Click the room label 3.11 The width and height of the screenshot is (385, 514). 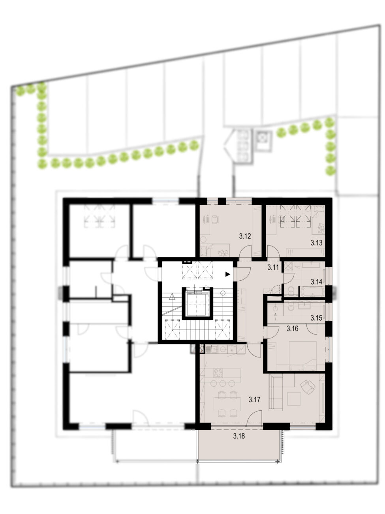(x=273, y=267)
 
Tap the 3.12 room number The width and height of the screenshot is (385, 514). (x=245, y=236)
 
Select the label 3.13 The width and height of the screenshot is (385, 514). (x=317, y=243)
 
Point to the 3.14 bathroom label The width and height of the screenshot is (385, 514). (x=317, y=282)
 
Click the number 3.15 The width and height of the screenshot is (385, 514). (x=317, y=318)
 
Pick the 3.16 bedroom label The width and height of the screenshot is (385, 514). (x=293, y=329)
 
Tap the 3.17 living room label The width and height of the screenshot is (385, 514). (x=255, y=399)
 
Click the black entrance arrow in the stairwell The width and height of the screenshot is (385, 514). (x=228, y=274)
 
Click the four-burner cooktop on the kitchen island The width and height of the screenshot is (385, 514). (x=219, y=373)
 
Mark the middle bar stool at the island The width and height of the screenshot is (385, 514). (x=223, y=384)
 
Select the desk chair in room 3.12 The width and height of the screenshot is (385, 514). (x=214, y=219)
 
